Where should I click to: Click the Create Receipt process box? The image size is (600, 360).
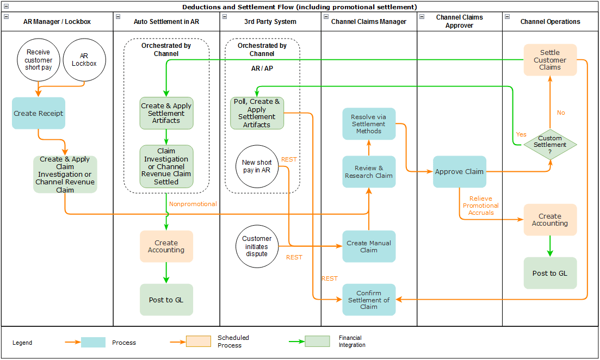pos(39,113)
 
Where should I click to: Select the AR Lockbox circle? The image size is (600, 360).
pos(84,60)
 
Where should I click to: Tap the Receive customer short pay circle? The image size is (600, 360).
pos(39,60)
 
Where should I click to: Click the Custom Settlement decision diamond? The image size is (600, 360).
pos(549,145)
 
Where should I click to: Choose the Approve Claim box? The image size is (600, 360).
pos(459,172)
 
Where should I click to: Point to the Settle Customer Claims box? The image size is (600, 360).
pos(549,60)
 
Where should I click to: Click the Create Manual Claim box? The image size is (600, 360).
pos(369,246)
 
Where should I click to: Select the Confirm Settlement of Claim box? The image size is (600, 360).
pos(369,300)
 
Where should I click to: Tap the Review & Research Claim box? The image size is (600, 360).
pos(369,172)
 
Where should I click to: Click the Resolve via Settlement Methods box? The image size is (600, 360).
pos(369,124)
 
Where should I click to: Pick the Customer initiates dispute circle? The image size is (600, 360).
pos(257,246)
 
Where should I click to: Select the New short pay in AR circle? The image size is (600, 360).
pos(257,166)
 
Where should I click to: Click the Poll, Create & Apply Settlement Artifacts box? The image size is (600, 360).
pos(257,113)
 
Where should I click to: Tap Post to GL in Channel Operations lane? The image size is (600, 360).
pos(549,273)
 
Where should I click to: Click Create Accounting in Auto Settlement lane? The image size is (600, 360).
pos(166,246)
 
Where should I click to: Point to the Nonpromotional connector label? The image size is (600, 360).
pos(193,204)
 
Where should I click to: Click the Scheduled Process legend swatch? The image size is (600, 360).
pos(198,342)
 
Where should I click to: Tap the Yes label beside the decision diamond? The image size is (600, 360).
pos(521,134)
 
